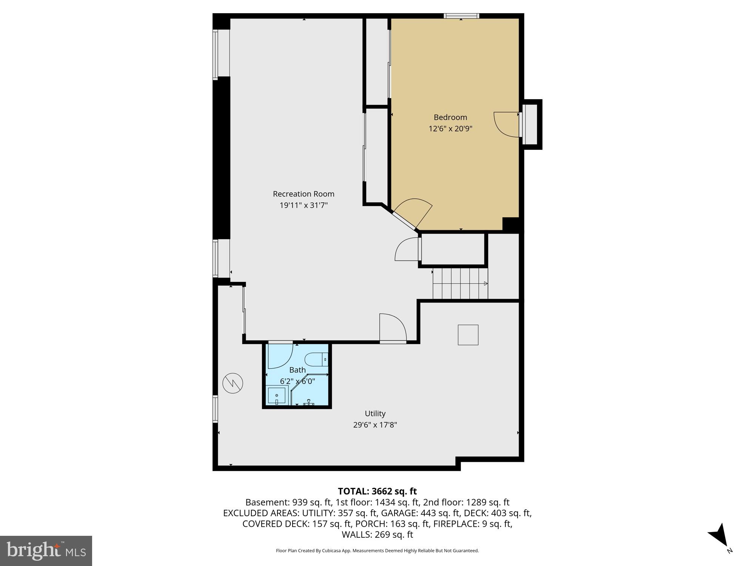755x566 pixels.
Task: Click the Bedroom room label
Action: tap(450, 117)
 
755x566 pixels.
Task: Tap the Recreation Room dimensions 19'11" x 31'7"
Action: tap(304, 205)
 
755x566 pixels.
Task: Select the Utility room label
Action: tap(375, 413)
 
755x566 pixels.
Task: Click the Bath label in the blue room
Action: tap(297, 370)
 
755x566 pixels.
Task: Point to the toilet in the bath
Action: tap(316, 359)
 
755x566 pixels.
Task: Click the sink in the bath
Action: tap(277, 395)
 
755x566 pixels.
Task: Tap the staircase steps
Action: tap(460, 283)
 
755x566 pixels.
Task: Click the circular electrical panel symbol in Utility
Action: tap(233, 383)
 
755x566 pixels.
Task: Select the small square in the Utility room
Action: tap(468, 335)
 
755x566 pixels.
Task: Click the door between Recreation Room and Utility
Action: tap(393, 328)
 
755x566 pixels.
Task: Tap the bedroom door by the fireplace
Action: tap(506, 125)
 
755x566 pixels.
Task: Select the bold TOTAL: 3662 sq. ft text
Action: tap(377, 491)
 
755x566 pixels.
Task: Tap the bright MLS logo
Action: tap(46, 551)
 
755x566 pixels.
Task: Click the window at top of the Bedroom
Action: tap(461, 16)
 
